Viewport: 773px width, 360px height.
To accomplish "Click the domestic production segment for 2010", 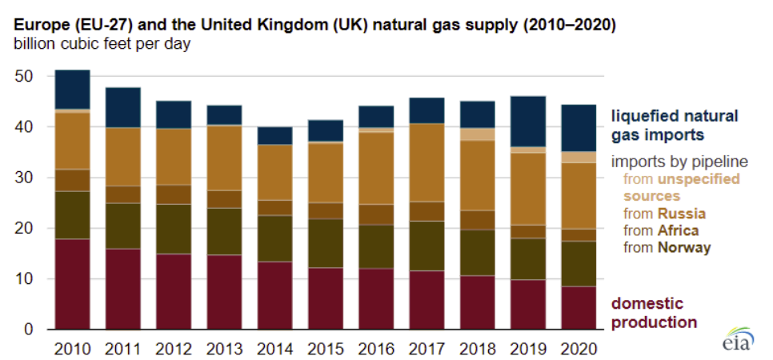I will (72, 284).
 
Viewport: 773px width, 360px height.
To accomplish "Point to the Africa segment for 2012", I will (174, 194).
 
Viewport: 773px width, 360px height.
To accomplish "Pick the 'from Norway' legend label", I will (666, 247).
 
